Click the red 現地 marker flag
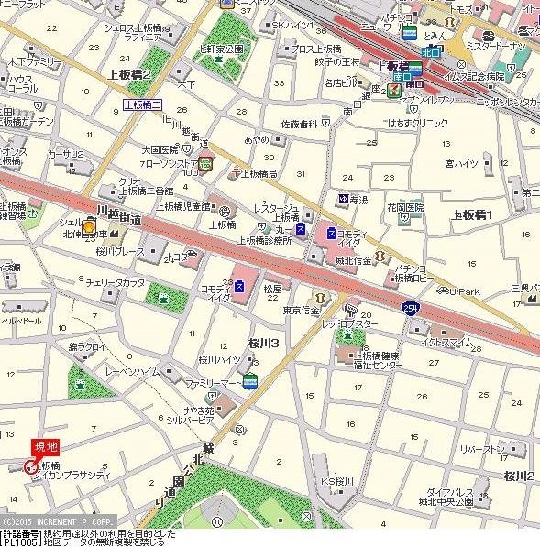click(x=45, y=446)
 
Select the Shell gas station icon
click(x=89, y=226)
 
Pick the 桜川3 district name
click(x=262, y=343)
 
